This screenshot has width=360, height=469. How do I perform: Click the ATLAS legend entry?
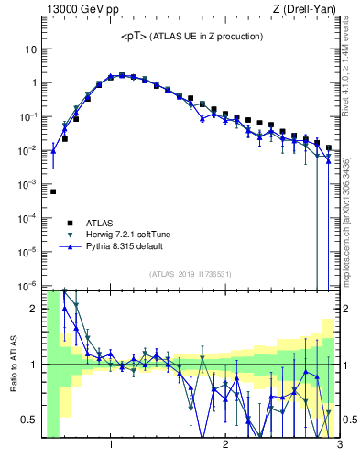[x=101, y=222]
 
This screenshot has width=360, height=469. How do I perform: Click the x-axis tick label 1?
[x=111, y=446]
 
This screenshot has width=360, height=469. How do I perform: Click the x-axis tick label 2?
[x=225, y=446]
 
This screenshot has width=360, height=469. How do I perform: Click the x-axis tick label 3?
[x=339, y=446]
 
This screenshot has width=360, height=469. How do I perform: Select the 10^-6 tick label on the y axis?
[x=27, y=286]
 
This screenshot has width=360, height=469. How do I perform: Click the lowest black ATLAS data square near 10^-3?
[x=53, y=191]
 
